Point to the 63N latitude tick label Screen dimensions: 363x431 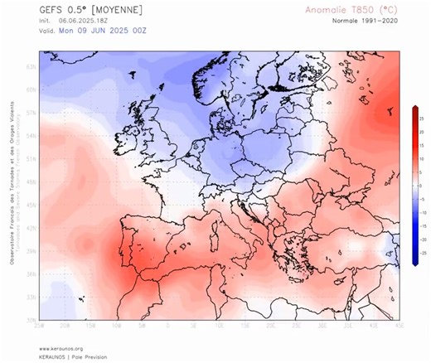point(31,66)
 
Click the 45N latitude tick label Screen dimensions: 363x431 point(31,204)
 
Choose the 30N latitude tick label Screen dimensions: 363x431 point(31,320)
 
